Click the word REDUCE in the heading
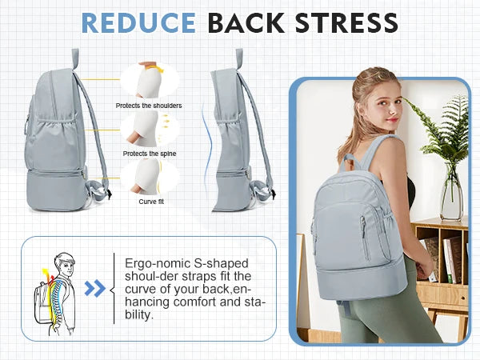pyautogui.click(x=138, y=23)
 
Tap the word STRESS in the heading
pyautogui.click(x=346, y=23)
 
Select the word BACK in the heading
pyautogui.click(x=246, y=23)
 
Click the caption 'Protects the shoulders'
pyautogui.click(x=149, y=106)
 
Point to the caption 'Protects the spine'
pyautogui.click(x=150, y=154)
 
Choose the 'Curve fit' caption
pyautogui.click(x=151, y=202)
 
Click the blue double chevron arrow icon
pyautogui.click(x=95, y=288)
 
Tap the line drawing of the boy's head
pyautogui.click(x=65, y=265)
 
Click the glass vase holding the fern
pyautogui.click(x=451, y=193)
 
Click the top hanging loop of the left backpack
pyautogui.click(x=75, y=58)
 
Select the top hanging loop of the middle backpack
pyautogui.click(x=239, y=58)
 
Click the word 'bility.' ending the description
pyautogui.click(x=138, y=314)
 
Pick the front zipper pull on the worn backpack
pyautogui.click(x=363, y=224)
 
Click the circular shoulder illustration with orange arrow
pyautogui.click(x=150, y=80)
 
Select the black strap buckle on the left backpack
pyautogui.click(x=109, y=194)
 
